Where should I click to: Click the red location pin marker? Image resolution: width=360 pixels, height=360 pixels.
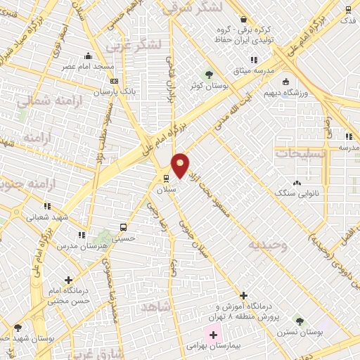point(181,164)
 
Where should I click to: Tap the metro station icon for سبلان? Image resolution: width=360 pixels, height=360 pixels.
point(165,178)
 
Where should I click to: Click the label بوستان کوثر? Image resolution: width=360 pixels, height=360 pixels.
point(207,86)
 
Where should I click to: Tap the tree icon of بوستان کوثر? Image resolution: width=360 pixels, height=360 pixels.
point(207,74)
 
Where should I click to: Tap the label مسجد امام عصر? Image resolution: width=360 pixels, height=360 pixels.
point(89,66)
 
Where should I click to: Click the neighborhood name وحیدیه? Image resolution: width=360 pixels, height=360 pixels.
point(266,245)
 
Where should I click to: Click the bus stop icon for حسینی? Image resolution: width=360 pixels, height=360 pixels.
point(123,227)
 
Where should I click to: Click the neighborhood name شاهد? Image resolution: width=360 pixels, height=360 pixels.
point(155,307)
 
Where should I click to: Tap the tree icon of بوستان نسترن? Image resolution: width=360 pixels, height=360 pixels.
point(299,320)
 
